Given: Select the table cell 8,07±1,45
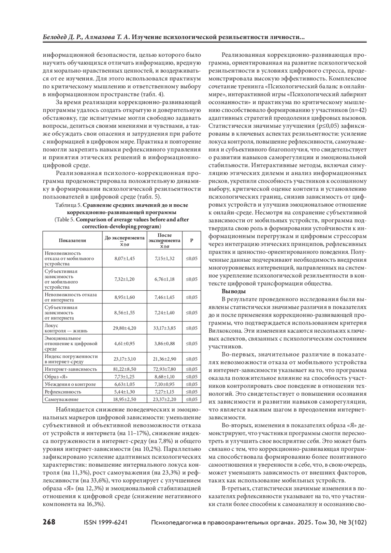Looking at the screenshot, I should (124, 258).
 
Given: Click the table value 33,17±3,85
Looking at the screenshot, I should (165, 328).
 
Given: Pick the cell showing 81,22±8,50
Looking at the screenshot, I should (124, 369).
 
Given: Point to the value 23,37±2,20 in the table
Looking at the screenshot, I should (165, 399).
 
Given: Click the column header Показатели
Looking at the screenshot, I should (72, 240).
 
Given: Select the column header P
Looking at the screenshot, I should (192, 240).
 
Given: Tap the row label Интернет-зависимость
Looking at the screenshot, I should (71, 369).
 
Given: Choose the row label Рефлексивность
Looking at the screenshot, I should (63, 392).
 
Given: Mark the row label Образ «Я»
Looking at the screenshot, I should (56, 377).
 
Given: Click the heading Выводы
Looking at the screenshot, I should (234, 291).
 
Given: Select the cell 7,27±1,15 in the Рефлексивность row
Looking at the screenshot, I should (165, 392).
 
